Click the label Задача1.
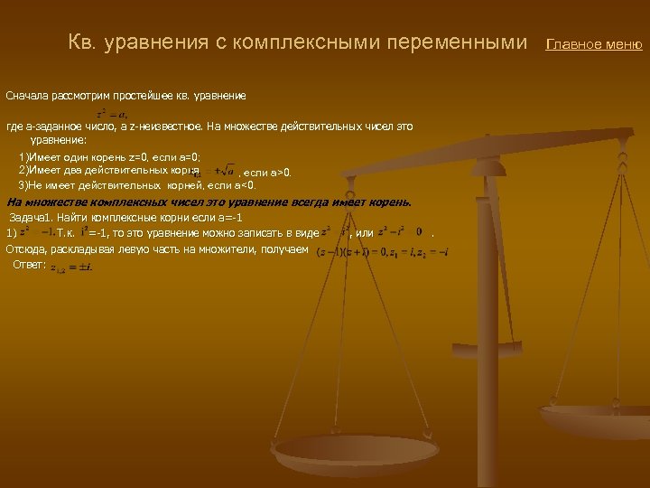pyautogui.click(x=34, y=219)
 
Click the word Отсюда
pyautogui.click(x=26, y=249)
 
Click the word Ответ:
pyautogui.click(x=29, y=265)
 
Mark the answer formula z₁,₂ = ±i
pyautogui.click(x=72, y=267)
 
